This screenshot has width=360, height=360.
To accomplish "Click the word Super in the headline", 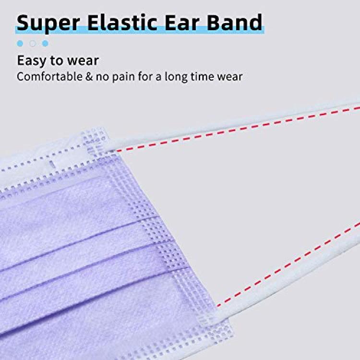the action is (48, 24).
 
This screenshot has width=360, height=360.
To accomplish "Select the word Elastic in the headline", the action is (122, 22).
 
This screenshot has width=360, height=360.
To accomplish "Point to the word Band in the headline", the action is (234, 22).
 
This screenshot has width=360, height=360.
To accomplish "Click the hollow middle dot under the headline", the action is (33, 43).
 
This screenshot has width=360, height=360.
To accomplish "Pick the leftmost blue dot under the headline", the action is (20, 43).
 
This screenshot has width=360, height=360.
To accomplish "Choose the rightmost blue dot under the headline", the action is (45, 43).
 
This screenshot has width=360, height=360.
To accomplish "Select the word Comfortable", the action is (49, 76).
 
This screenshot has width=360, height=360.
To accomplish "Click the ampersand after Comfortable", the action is (89, 77).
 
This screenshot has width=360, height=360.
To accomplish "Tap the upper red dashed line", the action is (238, 129).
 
